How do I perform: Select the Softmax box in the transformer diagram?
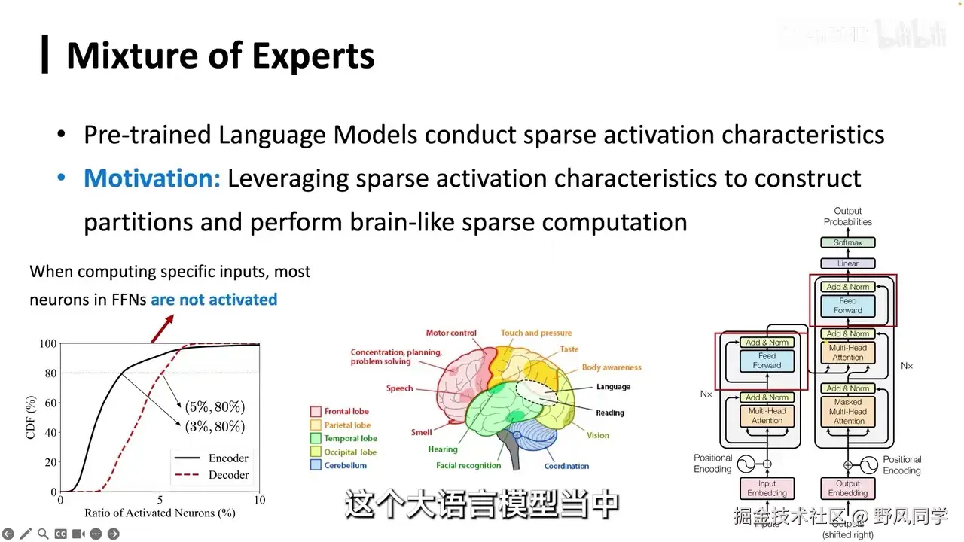point(847,242)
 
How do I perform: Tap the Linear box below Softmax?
point(847,263)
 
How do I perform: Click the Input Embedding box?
point(767,489)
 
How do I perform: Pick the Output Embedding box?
point(848,489)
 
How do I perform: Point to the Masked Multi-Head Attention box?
point(848,412)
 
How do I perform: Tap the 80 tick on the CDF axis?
point(49,373)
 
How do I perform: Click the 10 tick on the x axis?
point(259,500)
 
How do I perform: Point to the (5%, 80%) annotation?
point(215,407)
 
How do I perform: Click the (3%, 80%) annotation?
point(215,427)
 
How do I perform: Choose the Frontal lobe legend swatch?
point(316,412)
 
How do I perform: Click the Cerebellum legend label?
point(346,465)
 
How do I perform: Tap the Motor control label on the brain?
point(451,333)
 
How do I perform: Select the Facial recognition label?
point(468,466)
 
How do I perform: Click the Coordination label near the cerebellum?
point(566,467)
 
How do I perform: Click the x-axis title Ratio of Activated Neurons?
point(160,514)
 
